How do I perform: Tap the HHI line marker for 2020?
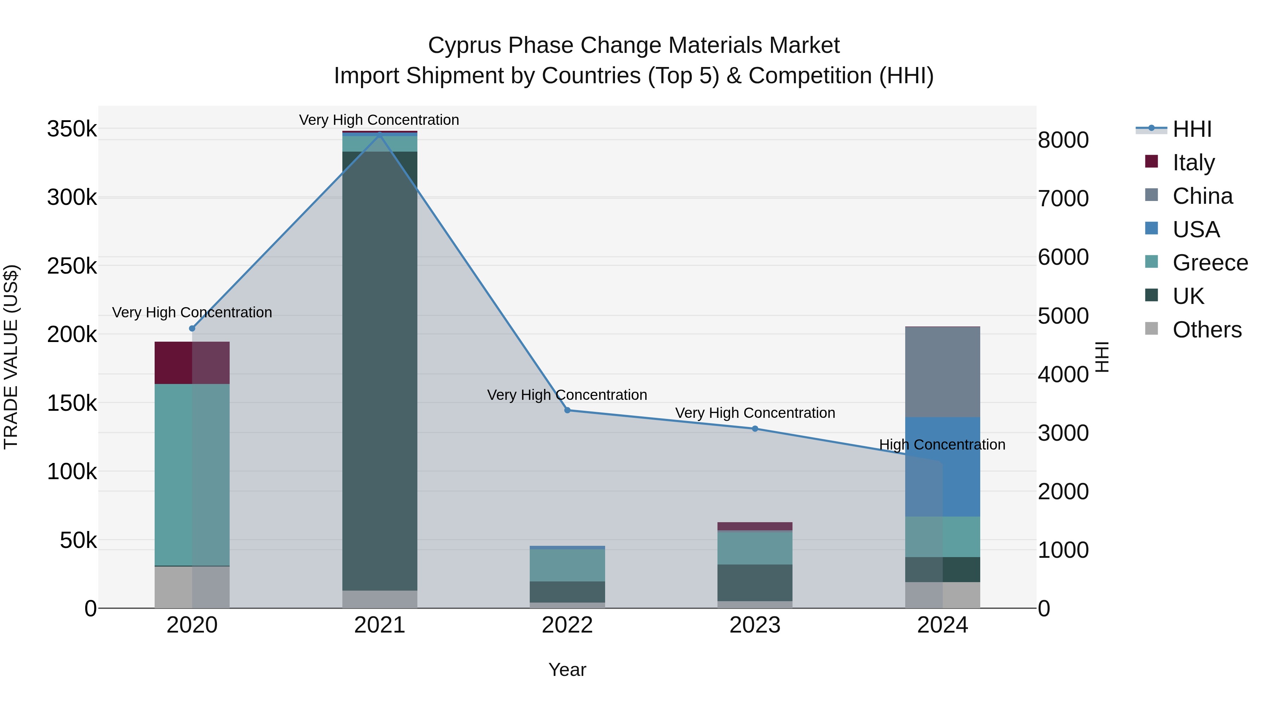192,329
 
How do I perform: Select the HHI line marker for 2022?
567,410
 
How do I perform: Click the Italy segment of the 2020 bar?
192,363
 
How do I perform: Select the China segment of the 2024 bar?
942,372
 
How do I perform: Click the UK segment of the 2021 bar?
379,370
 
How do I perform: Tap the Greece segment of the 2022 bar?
567,565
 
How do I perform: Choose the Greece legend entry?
1210,263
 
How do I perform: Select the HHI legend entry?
1192,129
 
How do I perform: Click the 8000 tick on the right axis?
1063,140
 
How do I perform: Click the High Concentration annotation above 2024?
942,445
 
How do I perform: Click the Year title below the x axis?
567,670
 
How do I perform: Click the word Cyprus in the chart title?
465,45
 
